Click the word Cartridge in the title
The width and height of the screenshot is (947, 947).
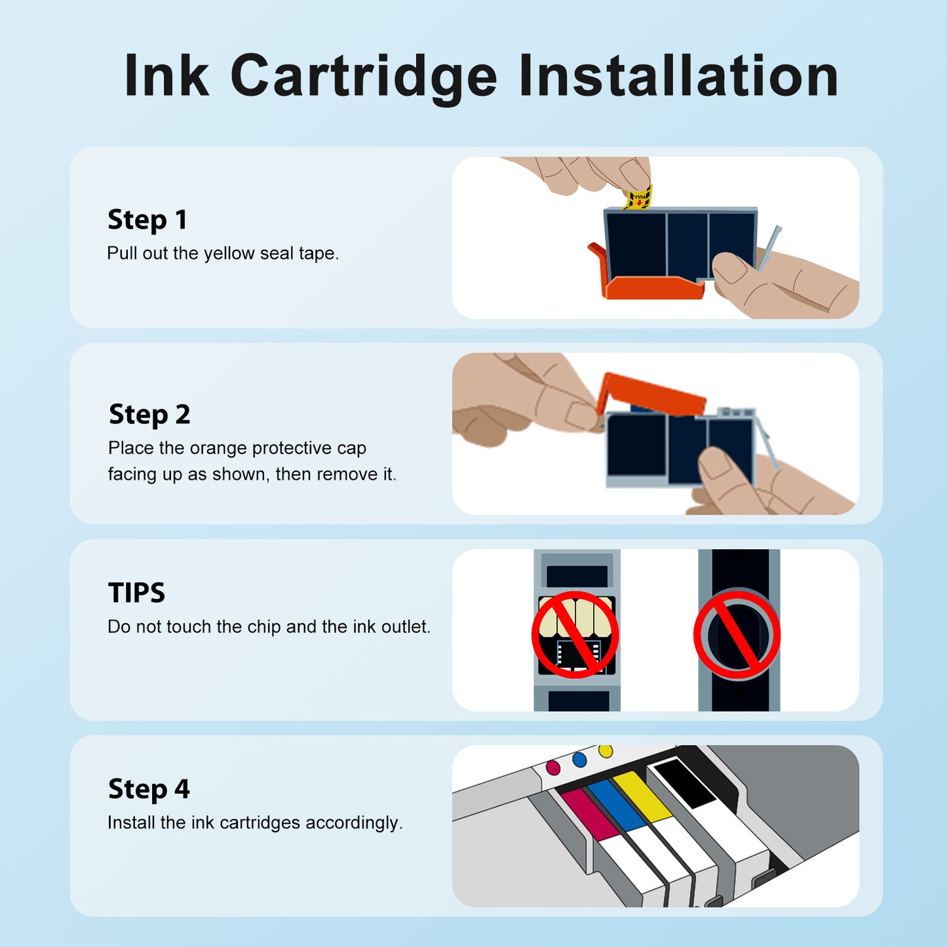[x=364, y=77]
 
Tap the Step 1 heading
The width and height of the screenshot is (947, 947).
[x=147, y=220]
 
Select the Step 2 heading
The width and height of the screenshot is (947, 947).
[x=149, y=415]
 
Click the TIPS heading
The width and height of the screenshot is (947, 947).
[x=136, y=593]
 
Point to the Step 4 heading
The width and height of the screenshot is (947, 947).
[x=149, y=789]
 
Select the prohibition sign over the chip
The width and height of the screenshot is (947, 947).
[x=575, y=634]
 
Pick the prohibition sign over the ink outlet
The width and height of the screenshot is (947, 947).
[x=737, y=634]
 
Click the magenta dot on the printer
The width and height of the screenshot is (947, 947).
[x=553, y=767]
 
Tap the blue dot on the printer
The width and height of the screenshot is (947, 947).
[x=579, y=760]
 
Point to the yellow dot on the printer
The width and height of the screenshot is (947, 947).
[x=606, y=751]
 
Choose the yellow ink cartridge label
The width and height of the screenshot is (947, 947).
[x=642, y=795]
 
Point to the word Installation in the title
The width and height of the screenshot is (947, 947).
[x=678, y=77]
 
